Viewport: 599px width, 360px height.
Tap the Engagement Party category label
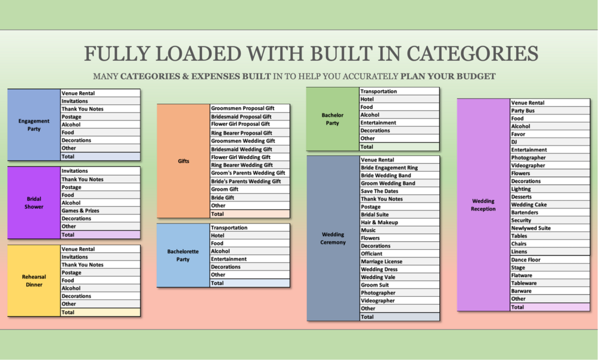34,125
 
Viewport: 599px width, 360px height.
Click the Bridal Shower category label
34,203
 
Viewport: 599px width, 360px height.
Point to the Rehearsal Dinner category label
34,281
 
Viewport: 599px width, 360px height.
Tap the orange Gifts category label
184,161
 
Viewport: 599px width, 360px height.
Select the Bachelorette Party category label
183,255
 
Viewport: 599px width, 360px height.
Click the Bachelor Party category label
333,119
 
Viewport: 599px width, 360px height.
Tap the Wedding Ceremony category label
333,238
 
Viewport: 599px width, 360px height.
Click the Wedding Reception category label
483,205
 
